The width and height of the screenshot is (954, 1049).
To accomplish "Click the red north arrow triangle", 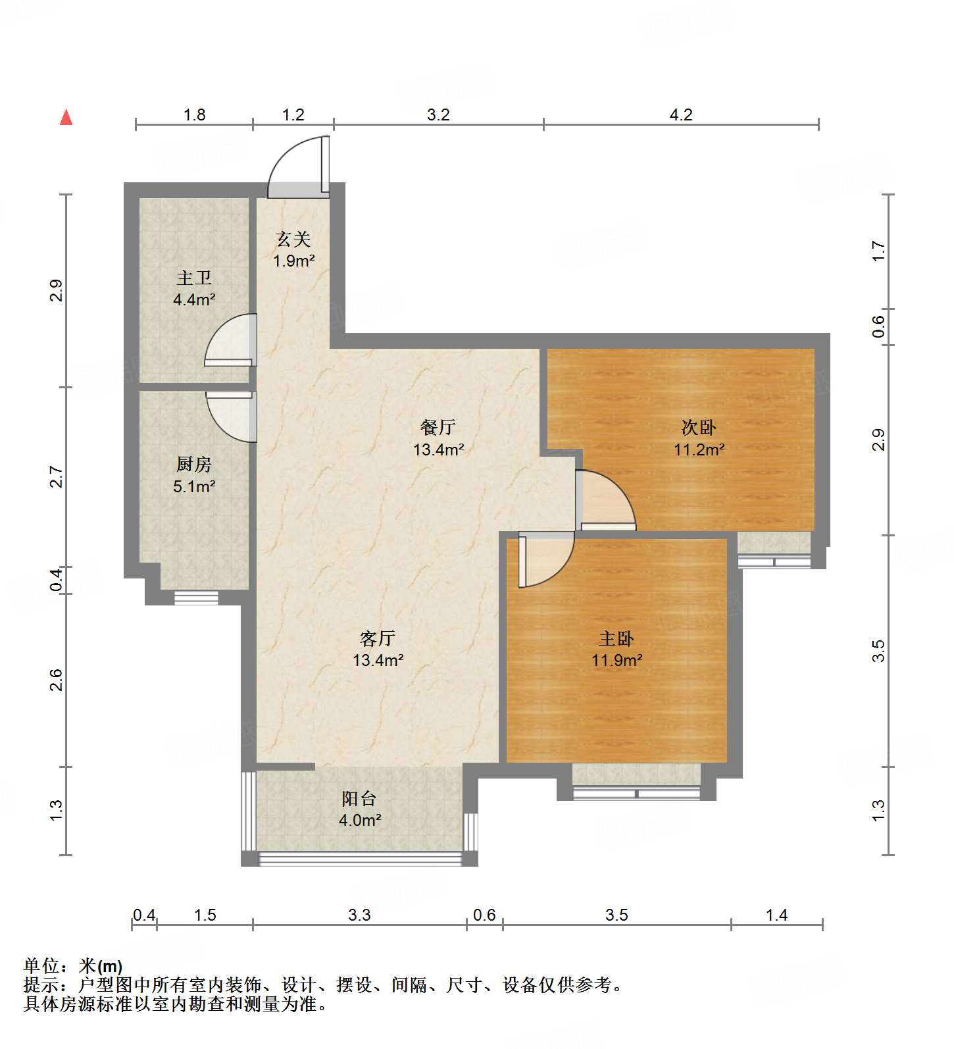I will [x=66, y=117].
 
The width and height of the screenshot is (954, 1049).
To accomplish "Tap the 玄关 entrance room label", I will [x=293, y=240].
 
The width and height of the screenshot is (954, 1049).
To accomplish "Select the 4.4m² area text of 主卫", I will [x=194, y=300].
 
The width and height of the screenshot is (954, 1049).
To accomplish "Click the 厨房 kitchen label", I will [x=194, y=465].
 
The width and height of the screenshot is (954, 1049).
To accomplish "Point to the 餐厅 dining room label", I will [x=438, y=428].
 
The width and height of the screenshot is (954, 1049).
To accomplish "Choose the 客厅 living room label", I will [x=378, y=638].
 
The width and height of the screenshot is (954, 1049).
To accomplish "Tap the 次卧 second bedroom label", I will [x=699, y=428].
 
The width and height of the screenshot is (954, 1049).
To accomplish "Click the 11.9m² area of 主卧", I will [x=616, y=660].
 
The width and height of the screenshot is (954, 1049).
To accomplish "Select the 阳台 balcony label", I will [x=359, y=799].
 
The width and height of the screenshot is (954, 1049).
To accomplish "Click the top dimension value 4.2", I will [x=681, y=115].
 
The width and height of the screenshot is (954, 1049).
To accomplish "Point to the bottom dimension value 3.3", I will [x=359, y=915].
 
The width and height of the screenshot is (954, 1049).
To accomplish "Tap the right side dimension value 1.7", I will [x=878, y=251].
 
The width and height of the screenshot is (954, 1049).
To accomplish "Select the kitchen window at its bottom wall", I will [x=196, y=598].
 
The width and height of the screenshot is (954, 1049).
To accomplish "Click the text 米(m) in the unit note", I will [x=100, y=966].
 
